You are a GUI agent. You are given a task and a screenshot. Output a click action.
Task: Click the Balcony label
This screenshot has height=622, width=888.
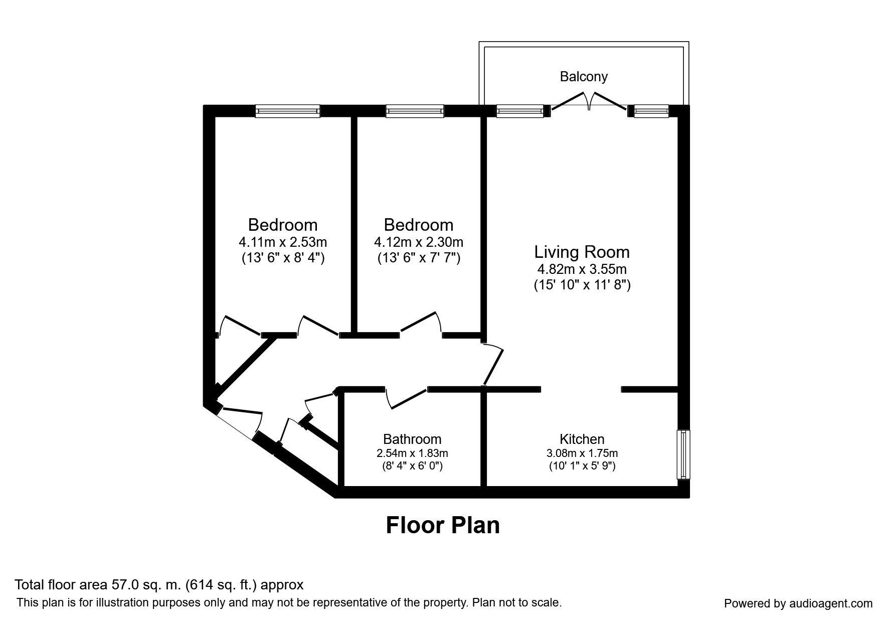click(x=584, y=77)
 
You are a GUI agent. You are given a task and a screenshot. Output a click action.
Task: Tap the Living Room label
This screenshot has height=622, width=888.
click(x=582, y=251)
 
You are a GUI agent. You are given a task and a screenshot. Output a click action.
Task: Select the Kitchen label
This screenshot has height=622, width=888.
click(x=582, y=439)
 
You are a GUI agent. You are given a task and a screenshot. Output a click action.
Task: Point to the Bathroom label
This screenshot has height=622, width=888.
click(x=412, y=439)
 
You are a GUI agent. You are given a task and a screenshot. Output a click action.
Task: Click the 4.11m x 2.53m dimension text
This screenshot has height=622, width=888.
click(x=283, y=242)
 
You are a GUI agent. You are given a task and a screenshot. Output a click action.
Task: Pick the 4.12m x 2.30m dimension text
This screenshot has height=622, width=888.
click(x=419, y=242)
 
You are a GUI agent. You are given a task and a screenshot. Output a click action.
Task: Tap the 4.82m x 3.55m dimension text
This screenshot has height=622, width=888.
click(x=582, y=269)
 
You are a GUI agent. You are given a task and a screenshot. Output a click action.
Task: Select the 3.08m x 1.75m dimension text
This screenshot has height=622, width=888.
click(x=582, y=453)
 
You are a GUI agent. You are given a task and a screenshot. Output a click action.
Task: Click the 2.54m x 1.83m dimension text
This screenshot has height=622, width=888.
click(x=412, y=453)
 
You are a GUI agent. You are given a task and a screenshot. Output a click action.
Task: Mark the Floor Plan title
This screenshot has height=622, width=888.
click(x=443, y=525)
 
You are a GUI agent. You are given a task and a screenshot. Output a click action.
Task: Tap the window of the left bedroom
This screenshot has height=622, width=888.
click(x=287, y=111)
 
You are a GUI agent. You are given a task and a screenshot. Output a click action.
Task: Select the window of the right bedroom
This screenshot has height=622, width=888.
click(x=415, y=111)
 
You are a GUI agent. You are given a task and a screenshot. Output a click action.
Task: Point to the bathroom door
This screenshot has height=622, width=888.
click(x=406, y=399)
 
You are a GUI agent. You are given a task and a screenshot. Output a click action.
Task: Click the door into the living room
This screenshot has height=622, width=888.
click(x=494, y=364)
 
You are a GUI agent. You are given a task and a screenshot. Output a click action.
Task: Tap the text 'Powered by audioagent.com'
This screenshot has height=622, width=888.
click(x=798, y=603)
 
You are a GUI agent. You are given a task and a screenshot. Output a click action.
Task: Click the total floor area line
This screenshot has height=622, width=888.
click(x=159, y=585)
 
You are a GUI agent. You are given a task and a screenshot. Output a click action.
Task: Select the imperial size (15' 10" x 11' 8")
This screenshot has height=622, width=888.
click(x=582, y=285)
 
